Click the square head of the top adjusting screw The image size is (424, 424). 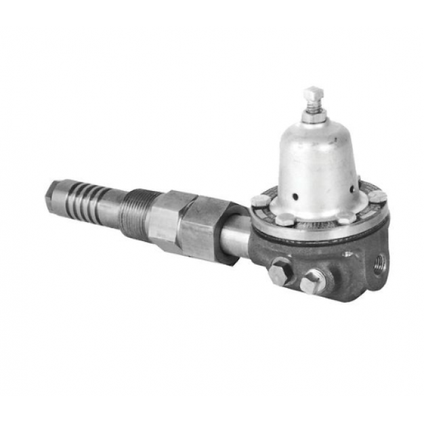313,93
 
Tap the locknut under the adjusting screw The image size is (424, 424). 313,116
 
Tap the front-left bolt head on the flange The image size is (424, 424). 285,218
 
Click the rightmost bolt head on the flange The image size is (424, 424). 377,197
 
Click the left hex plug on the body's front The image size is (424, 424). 281,271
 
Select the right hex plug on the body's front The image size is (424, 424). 312,280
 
